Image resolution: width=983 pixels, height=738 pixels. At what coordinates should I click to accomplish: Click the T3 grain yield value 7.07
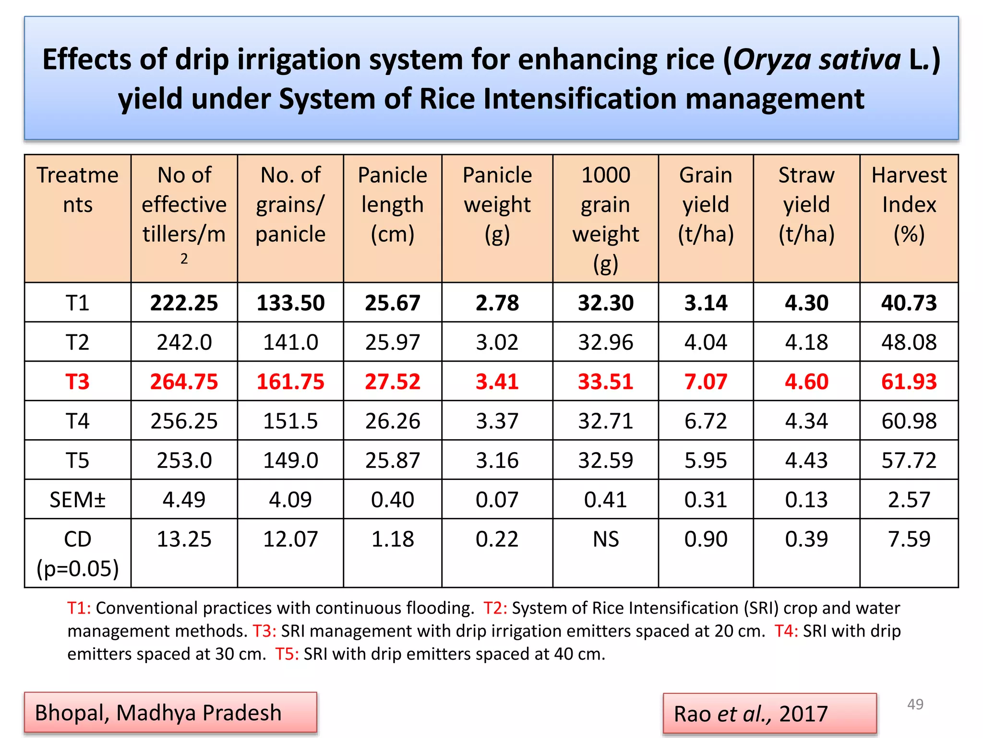706,381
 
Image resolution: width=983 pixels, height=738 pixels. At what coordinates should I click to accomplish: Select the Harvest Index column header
909,205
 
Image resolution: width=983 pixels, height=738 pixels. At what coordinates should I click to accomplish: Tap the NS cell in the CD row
606,539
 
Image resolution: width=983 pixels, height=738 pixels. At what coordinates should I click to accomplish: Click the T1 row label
77,303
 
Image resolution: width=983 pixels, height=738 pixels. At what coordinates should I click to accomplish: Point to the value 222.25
184,303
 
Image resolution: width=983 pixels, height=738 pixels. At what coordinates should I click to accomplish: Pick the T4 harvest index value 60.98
909,421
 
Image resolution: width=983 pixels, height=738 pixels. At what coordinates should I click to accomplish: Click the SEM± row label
77,500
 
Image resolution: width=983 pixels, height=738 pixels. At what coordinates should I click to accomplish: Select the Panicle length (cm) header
392,205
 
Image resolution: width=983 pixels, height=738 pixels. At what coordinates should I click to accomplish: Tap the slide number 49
915,704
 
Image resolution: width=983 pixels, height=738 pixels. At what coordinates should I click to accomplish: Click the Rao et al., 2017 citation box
769,714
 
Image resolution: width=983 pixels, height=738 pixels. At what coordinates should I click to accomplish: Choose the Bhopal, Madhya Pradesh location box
170,713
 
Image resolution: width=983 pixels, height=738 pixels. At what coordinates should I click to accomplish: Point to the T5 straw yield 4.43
806,460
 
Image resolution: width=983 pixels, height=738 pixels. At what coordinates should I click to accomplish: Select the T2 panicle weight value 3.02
497,342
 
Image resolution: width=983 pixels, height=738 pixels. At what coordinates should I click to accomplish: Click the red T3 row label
77,381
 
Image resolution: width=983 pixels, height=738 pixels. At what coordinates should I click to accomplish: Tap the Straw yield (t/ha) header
806,205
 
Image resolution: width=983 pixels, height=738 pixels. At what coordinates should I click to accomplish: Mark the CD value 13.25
184,539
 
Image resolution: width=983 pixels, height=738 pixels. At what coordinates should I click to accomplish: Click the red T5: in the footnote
287,654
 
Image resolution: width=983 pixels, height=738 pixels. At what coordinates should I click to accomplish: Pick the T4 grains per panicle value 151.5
290,421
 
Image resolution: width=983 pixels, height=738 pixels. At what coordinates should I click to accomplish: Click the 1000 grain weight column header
606,219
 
